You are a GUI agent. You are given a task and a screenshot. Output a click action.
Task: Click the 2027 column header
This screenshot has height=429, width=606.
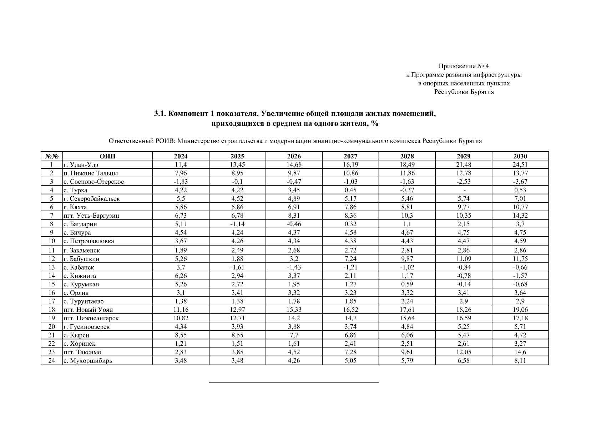[350, 156]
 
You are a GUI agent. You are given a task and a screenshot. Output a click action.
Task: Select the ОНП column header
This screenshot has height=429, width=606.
[107, 156]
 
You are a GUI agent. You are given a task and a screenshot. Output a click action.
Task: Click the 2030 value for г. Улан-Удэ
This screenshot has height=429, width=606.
[520, 165]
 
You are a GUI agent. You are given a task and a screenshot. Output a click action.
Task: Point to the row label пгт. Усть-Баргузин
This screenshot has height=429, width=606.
[91, 216]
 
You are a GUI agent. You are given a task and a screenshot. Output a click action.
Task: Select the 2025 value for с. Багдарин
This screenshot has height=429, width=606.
[237, 224]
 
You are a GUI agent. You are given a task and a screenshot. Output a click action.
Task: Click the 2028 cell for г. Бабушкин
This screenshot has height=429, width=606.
[407, 259]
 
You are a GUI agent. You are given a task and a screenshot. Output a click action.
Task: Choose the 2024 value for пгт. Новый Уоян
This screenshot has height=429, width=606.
[181, 310]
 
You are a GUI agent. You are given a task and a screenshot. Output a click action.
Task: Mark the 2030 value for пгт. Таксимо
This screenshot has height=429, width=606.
[520, 352]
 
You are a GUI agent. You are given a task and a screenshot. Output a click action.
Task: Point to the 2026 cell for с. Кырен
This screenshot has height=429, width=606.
[294, 335]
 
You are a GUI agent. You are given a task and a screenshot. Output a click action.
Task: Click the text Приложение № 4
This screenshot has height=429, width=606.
[464, 66]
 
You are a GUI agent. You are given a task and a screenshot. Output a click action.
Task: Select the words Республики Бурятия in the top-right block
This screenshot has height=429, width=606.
[464, 92]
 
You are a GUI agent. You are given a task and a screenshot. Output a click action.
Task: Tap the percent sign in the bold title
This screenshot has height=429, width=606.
[374, 124]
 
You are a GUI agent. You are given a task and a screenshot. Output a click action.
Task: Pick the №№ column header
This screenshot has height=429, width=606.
[51, 156]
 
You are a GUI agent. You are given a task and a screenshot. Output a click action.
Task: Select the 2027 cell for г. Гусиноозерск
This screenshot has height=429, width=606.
[350, 327]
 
